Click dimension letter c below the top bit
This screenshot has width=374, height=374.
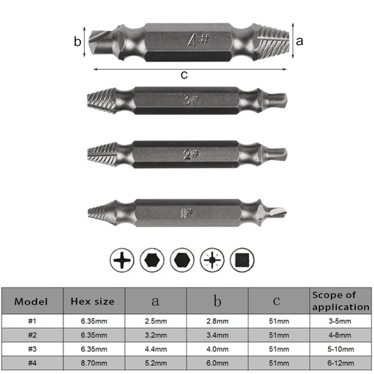184,75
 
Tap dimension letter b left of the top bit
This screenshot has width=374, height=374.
78,42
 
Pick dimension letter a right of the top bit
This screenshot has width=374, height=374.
300,41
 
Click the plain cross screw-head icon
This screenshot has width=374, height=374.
122,259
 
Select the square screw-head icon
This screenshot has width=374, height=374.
243,259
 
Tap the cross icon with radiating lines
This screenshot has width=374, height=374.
212,259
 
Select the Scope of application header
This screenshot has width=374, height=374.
340,301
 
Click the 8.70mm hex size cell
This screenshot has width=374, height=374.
93,362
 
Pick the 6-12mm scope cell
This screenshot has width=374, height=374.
340,362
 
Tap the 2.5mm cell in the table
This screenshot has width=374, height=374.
155,321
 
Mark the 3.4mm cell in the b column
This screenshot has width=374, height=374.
217,335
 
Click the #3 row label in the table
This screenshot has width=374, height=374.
31,349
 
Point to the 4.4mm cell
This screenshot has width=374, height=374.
155,349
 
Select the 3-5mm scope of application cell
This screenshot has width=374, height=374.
340,321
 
